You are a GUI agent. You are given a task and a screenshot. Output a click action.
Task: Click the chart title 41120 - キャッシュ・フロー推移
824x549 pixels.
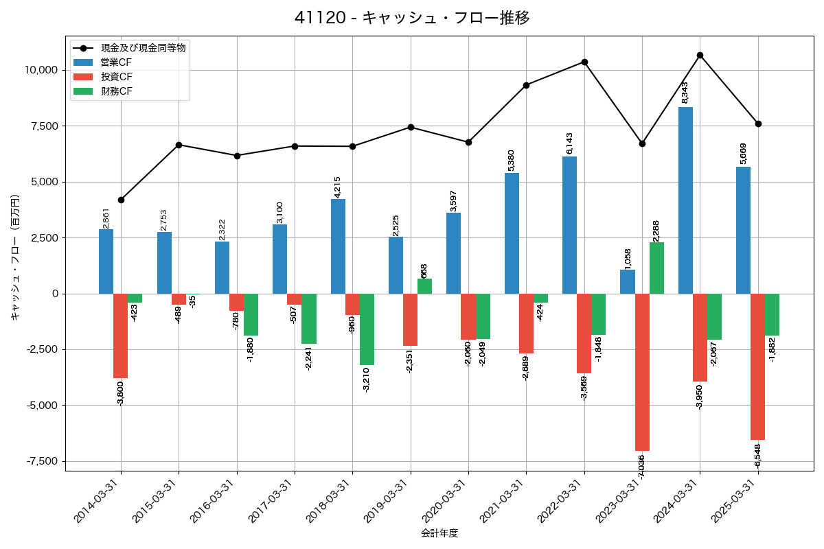(x=411, y=18)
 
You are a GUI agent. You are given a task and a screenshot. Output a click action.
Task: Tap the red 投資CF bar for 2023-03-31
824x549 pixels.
(x=642, y=372)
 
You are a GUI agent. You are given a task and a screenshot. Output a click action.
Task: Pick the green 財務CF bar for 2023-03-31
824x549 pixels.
(x=656, y=268)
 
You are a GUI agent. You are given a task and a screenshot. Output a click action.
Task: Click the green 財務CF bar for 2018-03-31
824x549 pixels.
(x=367, y=329)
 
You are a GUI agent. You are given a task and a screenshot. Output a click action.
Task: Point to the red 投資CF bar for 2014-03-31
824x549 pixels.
(x=121, y=336)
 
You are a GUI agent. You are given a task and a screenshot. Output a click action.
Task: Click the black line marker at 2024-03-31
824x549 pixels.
(x=700, y=55)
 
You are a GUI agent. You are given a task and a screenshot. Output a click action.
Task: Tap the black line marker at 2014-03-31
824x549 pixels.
(x=121, y=200)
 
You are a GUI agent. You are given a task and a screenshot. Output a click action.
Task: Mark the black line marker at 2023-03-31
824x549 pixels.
(x=642, y=143)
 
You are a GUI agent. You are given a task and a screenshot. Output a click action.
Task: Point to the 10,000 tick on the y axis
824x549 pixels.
(x=41, y=70)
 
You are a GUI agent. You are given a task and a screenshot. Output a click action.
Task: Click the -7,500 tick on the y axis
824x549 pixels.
(x=42, y=461)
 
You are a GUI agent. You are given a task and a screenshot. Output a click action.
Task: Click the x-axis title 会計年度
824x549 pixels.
(x=439, y=533)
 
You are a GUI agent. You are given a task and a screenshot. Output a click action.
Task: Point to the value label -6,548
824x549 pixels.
(x=757, y=456)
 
